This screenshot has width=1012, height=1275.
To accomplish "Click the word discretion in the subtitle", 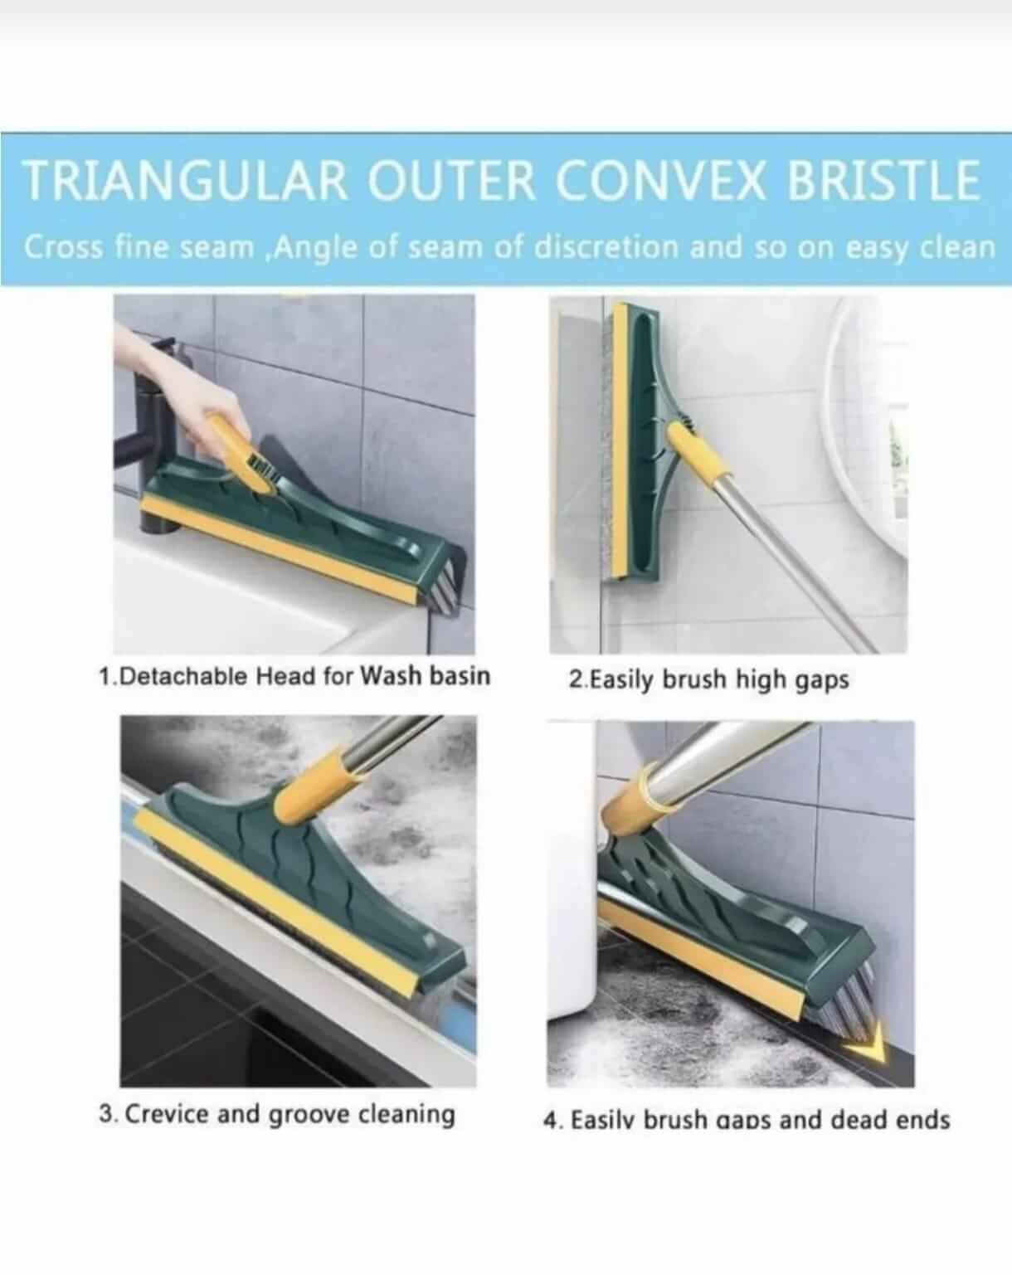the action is pyautogui.click(x=606, y=248).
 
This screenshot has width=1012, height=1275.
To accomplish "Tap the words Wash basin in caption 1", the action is pyautogui.click(x=426, y=675).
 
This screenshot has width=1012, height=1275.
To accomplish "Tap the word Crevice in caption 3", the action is pyautogui.click(x=166, y=1113).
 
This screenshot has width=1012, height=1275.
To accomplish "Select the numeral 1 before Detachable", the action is pyautogui.click(x=105, y=676).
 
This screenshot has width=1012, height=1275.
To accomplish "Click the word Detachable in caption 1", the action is pyautogui.click(x=183, y=676).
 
